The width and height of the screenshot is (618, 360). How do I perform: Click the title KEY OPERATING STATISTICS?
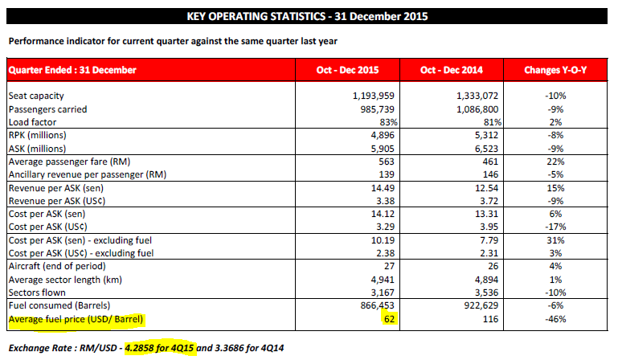point(308,16)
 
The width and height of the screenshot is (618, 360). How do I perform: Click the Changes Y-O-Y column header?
point(555,70)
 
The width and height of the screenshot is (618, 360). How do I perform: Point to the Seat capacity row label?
point(35,96)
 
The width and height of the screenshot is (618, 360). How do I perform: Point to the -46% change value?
point(555,319)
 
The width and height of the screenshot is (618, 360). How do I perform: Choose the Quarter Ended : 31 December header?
point(72,70)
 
